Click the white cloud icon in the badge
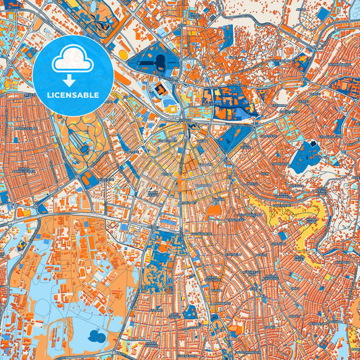[73, 59]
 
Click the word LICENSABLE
[73, 95]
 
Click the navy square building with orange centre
[159, 90]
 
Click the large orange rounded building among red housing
[213, 212]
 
